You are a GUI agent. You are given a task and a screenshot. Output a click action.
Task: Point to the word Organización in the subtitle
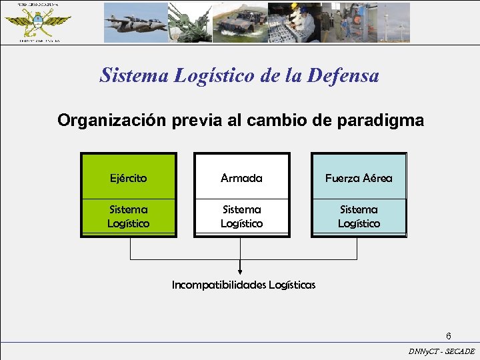[110, 121]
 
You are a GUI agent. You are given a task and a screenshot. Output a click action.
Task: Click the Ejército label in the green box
[129, 178]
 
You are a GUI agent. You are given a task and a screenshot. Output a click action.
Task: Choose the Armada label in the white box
[241, 178]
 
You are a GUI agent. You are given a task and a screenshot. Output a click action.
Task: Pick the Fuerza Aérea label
[359, 178]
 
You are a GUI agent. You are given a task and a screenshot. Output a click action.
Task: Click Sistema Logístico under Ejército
[129, 217]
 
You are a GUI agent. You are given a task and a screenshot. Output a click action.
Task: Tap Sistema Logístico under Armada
[241, 217]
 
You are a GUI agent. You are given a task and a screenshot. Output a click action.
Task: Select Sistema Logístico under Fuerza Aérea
[359, 217]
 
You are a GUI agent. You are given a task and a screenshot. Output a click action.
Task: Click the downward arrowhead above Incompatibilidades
[241, 271]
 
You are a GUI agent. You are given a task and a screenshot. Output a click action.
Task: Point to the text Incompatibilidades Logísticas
[243, 285]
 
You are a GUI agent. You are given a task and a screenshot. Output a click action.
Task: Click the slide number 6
[449, 335]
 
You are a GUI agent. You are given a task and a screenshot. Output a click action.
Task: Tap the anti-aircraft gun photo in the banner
[190, 23]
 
